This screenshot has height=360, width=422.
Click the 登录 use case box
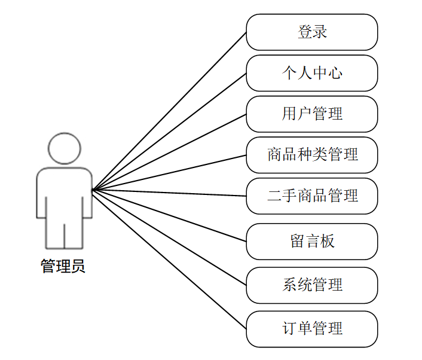311,32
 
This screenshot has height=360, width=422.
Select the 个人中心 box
311,74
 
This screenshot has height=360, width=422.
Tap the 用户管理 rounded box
311,114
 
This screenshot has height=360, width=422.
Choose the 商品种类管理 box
311,155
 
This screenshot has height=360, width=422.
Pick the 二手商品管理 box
311,196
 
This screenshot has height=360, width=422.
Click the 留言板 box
311,242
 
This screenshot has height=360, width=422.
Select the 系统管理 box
311,285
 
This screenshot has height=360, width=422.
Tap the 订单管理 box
311,329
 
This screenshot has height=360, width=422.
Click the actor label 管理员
63,266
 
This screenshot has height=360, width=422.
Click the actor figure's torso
64,191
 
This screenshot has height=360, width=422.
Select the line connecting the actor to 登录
169,111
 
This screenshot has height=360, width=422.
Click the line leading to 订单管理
169,260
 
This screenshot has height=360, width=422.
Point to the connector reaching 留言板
169,216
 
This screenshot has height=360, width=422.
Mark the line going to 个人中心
169,132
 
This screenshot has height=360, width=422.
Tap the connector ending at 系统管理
169,238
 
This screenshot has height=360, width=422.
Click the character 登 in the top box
305,32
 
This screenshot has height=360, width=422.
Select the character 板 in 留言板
327,242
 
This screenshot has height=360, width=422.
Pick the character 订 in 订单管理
290,329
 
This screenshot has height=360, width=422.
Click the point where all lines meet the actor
93,190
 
